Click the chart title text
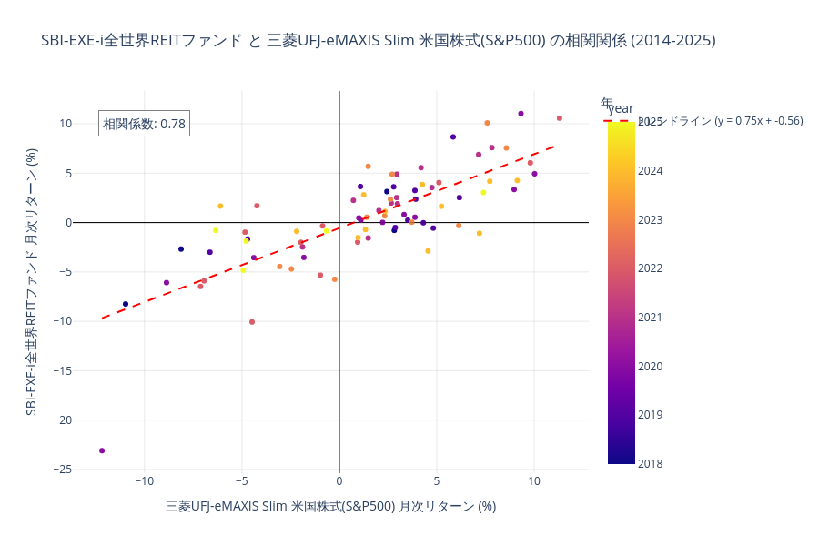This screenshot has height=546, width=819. [x=378, y=41]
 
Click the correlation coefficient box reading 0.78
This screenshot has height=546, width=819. [x=144, y=124]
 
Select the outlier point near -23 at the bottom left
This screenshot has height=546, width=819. [x=102, y=450]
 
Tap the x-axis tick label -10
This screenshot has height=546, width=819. [x=144, y=480]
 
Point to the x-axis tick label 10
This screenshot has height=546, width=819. [x=534, y=480]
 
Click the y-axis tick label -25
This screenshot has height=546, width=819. [x=60, y=469]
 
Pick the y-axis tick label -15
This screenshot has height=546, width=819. [x=60, y=370]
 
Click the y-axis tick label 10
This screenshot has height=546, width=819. [x=66, y=124]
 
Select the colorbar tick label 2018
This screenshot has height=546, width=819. [x=651, y=464]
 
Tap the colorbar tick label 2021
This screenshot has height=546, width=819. [x=651, y=318]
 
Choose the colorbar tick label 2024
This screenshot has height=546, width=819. [x=651, y=171]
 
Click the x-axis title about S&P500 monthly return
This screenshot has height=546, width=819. [x=330, y=506]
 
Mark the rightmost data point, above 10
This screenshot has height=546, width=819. [x=560, y=118]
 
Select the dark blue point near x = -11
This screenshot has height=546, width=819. [x=126, y=304]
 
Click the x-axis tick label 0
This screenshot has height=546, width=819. [x=339, y=480]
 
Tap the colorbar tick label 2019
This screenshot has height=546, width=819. [x=651, y=415]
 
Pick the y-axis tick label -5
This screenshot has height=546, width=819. [x=63, y=271]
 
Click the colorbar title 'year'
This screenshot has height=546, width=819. [x=621, y=108]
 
